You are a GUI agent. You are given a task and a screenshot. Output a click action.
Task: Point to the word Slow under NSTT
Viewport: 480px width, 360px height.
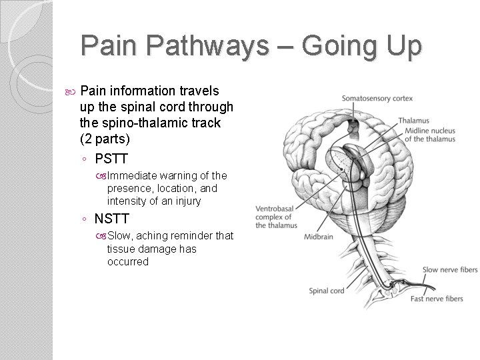(120, 235)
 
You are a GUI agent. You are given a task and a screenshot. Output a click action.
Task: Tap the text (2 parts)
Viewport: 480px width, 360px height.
(109, 139)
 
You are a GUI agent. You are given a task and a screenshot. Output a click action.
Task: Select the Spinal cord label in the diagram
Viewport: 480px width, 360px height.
(327, 291)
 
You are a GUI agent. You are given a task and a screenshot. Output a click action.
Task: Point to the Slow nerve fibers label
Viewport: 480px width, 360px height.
(449, 269)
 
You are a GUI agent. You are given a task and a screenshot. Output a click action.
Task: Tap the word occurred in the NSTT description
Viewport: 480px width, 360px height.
(128, 261)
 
